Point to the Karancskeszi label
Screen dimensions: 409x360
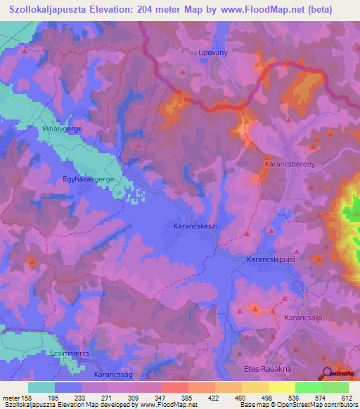(x=193, y=227)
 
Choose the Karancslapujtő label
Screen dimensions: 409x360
(x=275, y=259)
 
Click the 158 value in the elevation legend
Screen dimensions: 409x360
(x=23, y=397)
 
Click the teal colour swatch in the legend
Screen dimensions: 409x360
(x=41, y=387)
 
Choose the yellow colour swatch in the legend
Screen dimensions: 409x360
(x=282, y=387)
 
